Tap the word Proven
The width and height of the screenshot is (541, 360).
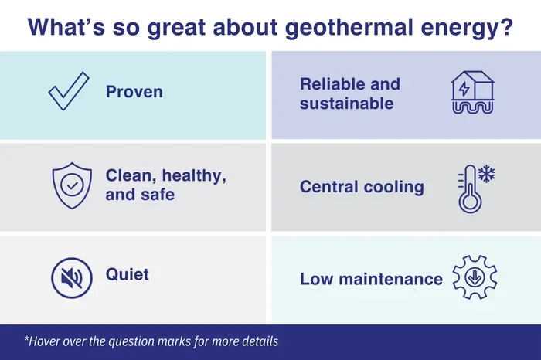134,92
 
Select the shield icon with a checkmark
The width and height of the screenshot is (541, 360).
72,185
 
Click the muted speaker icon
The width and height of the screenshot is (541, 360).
72,278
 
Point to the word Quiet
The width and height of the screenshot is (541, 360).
128,275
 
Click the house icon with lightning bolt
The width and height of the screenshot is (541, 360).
473,93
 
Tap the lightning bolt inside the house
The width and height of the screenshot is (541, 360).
464,89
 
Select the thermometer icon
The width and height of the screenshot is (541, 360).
469,189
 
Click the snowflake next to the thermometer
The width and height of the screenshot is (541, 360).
486,174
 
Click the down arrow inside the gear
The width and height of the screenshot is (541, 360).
475,277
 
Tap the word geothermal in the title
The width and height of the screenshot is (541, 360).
349,28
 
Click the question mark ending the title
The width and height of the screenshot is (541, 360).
507,26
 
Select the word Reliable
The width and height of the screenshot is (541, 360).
328,84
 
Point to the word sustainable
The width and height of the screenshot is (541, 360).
347,104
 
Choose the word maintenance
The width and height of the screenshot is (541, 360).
390,279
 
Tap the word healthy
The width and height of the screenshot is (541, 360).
194,176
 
